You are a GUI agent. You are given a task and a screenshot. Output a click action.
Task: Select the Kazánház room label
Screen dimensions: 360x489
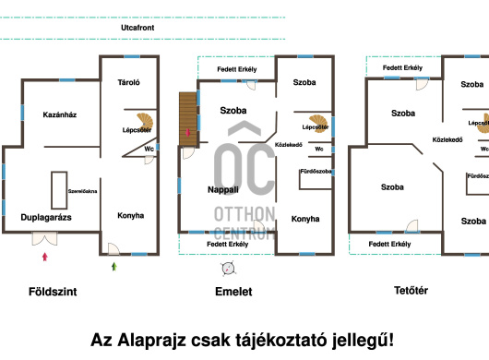(x=59, y=114)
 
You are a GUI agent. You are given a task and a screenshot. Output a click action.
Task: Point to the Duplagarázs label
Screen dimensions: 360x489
(x=46, y=218)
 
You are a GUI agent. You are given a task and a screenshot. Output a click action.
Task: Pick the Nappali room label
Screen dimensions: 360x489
(x=223, y=188)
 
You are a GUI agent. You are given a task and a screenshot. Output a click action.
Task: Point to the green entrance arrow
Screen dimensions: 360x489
(x=114, y=267)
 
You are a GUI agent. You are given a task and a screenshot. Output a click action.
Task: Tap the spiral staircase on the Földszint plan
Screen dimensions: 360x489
(x=144, y=121)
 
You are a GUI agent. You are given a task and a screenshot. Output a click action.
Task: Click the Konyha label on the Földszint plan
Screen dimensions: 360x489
(x=130, y=216)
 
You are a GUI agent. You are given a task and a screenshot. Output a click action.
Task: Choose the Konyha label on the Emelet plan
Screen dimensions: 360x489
(x=305, y=219)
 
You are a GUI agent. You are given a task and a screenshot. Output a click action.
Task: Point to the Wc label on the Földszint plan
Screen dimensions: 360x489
(x=149, y=148)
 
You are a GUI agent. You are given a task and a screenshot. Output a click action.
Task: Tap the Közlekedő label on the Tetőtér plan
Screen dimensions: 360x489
(x=447, y=140)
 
